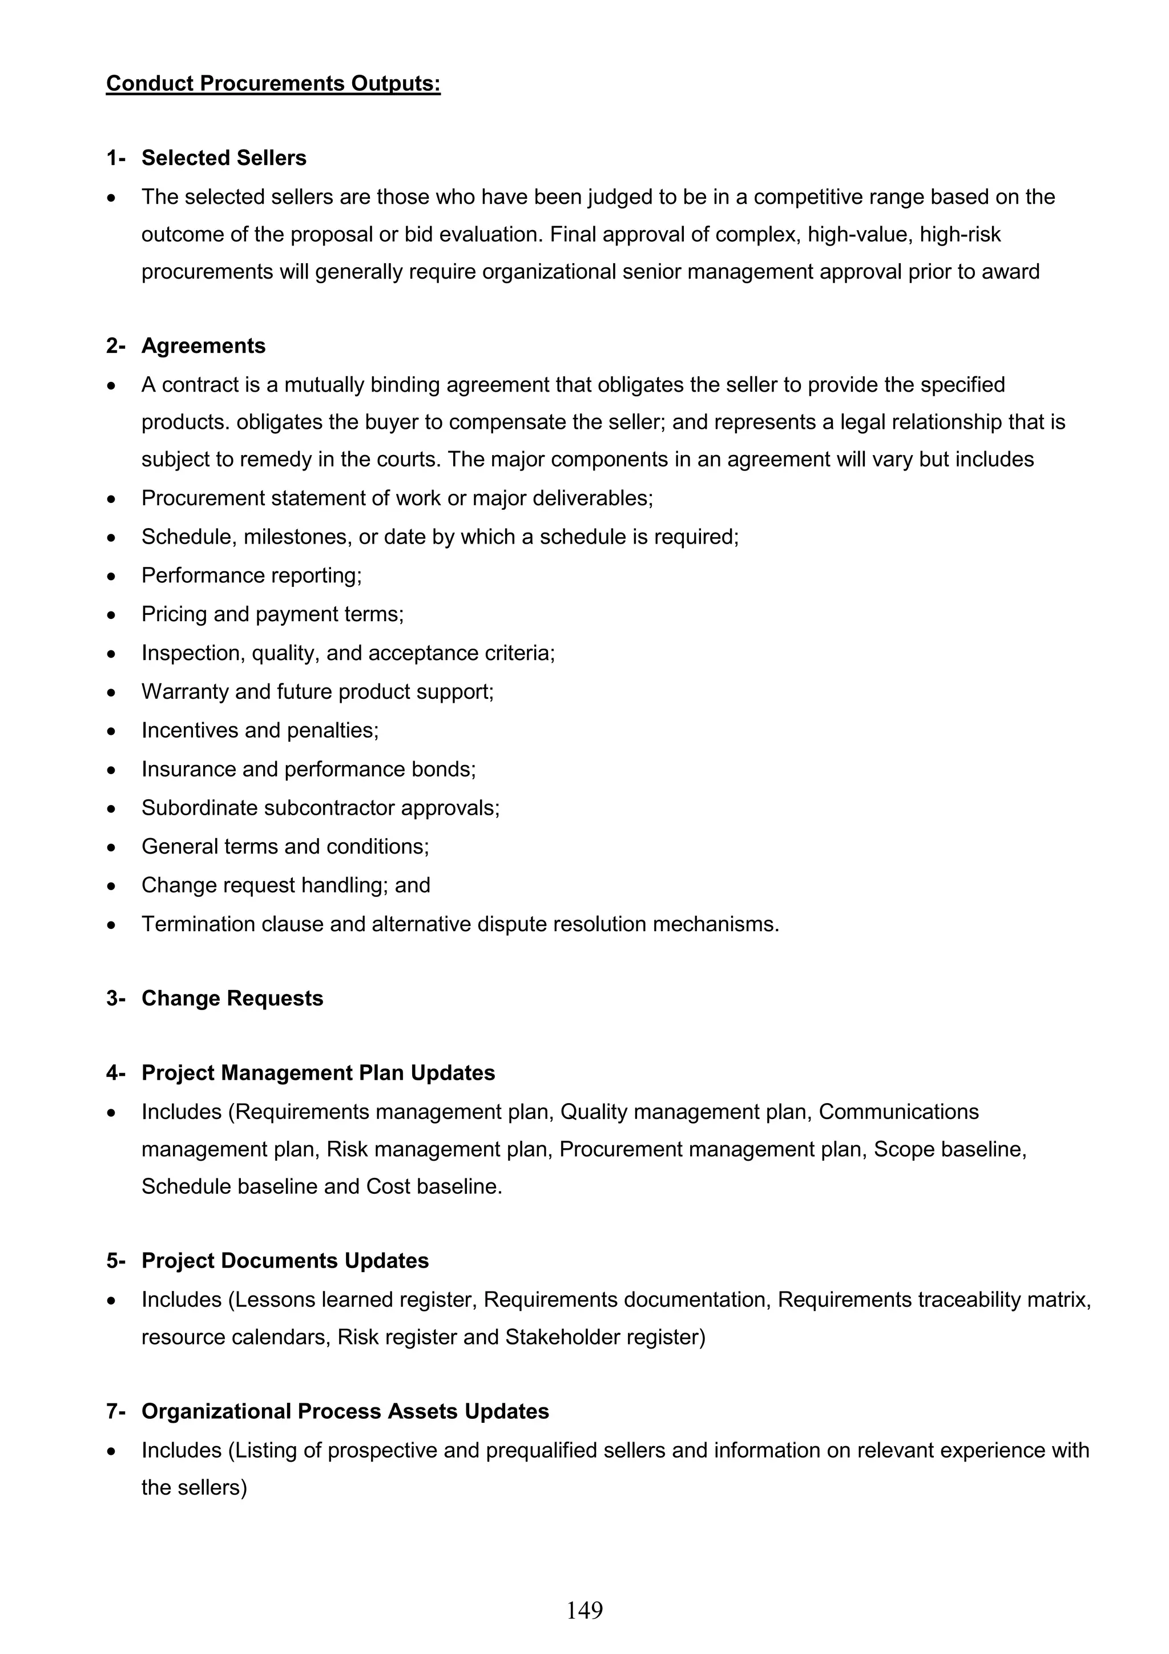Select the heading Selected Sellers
click(x=223, y=158)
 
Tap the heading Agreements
click(x=203, y=346)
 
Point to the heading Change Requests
click(x=232, y=999)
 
